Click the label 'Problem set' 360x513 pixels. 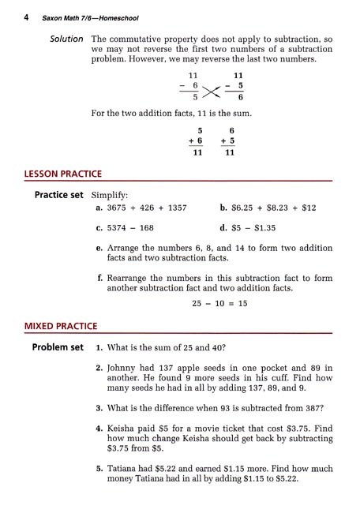pos(57,348)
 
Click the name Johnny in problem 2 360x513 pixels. pos(124,368)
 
